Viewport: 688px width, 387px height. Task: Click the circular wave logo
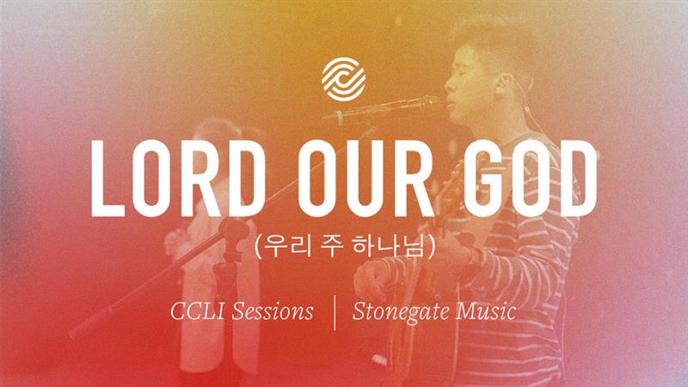343,79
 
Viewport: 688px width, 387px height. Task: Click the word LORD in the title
178,179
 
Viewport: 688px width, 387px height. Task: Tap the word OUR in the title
366,179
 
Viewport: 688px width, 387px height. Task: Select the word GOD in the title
530,179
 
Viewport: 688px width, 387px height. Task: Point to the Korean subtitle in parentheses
345,246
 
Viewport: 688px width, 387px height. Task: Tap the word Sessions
273,311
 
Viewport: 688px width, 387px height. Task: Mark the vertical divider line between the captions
335,312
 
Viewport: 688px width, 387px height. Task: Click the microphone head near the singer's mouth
421,103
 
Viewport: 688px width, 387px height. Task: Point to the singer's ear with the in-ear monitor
505,83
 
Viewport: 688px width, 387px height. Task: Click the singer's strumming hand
373,281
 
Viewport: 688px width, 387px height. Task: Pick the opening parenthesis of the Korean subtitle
259,246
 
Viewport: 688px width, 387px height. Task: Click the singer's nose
448,83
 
